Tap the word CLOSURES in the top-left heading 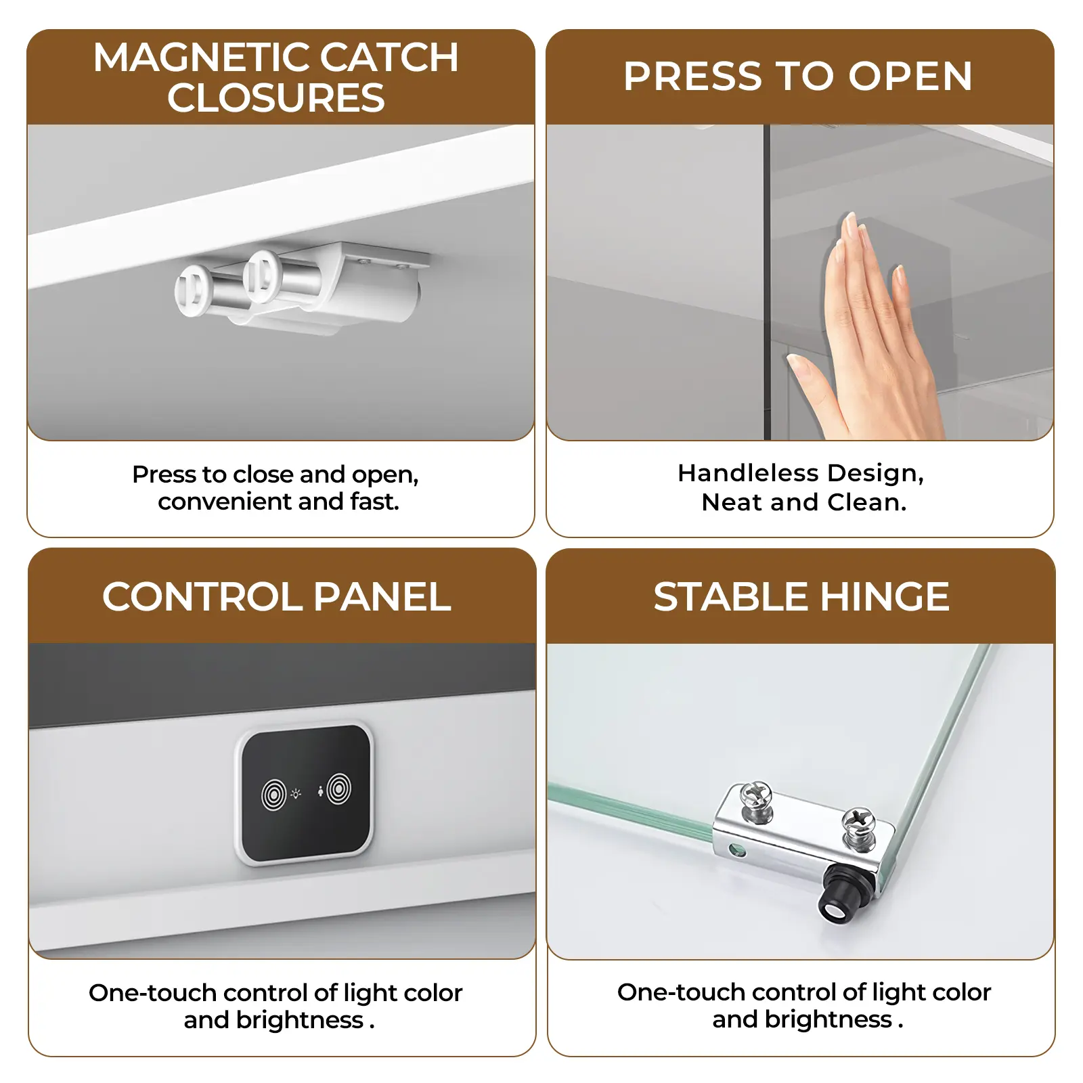(276, 97)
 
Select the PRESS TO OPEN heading (798, 76)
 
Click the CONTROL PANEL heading (277, 596)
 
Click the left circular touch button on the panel (274, 795)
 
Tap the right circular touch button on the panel (339, 789)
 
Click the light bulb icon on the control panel (296, 793)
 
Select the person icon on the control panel (320, 791)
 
